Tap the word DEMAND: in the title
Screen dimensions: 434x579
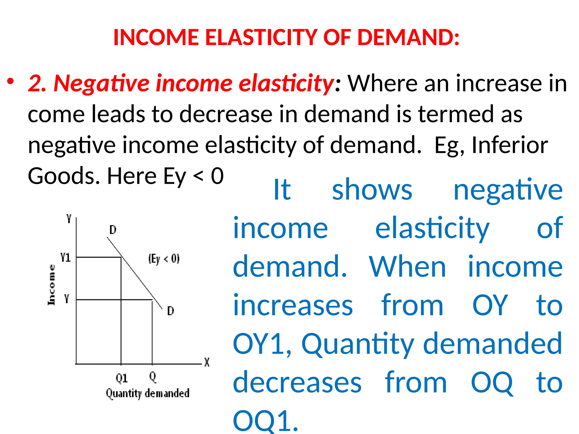(408, 37)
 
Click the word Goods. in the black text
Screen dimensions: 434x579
(64, 176)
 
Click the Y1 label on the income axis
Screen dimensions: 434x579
(66, 257)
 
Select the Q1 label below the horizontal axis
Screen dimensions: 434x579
(122, 378)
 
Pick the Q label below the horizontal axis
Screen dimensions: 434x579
(153, 377)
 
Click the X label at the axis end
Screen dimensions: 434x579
(207, 362)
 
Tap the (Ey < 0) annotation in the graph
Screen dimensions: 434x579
(164, 259)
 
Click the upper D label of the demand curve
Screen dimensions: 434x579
(113, 230)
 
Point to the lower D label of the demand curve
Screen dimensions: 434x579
(170, 311)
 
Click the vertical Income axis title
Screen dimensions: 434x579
(51, 285)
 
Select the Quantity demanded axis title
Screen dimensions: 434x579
(148, 393)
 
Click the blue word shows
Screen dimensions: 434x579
(372, 190)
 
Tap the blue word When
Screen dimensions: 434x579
(407, 267)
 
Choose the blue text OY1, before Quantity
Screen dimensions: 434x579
(262, 344)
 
